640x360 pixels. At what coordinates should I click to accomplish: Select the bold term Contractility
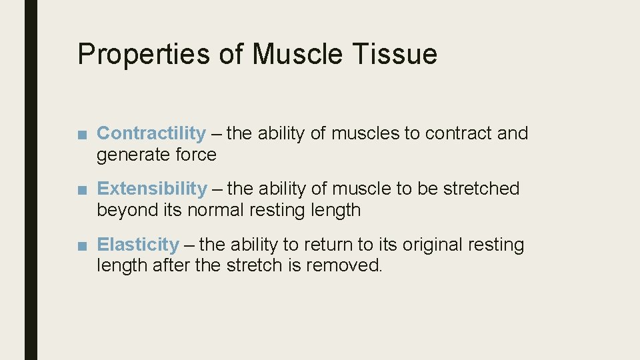[151, 133]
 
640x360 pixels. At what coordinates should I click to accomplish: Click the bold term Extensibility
[152, 189]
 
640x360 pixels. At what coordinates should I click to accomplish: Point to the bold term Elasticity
[138, 245]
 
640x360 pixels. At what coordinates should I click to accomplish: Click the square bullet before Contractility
[81, 135]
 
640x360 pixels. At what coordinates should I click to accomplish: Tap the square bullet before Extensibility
[81, 190]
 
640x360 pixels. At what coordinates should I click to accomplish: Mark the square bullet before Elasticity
[81, 246]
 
